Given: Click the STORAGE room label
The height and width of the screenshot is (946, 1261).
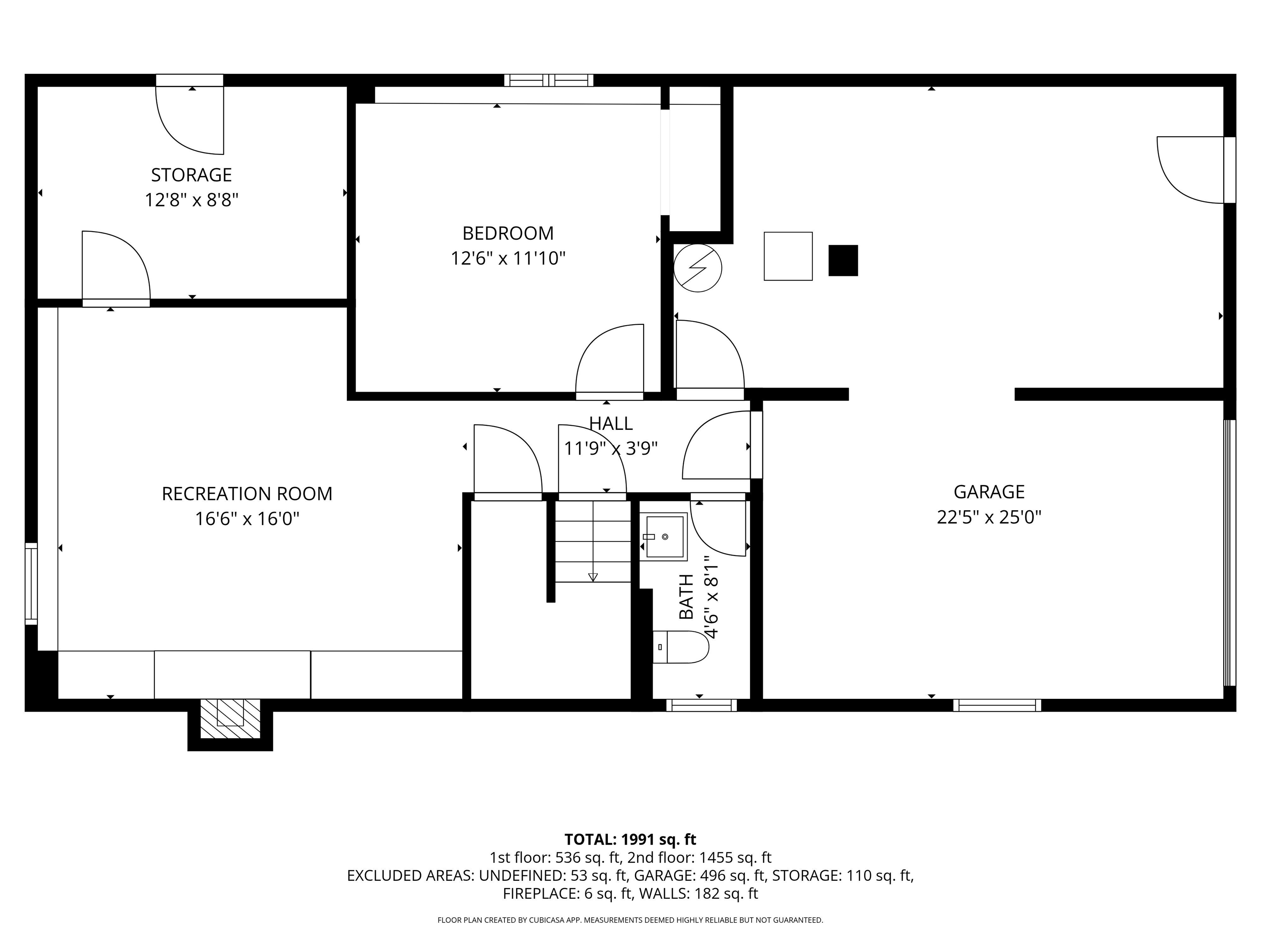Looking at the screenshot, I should [191, 175].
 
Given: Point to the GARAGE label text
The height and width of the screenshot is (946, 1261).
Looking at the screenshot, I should [988, 491].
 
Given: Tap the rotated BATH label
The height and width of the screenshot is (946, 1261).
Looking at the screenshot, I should [686, 597].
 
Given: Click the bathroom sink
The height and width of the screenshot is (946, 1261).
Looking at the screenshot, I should [664, 537].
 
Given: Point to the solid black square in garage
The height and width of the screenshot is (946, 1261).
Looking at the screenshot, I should [843, 261].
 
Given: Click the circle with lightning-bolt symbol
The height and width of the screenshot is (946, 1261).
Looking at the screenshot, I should [697, 268].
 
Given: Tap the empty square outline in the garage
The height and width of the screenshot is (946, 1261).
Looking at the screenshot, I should [788, 256].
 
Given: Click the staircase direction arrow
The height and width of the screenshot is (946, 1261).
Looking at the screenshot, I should [593, 577].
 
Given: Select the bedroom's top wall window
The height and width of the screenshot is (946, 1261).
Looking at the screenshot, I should [548, 80].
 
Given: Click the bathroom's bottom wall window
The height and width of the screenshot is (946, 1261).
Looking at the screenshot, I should [701, 705].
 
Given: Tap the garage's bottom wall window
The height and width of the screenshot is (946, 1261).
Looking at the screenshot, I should [997, 705].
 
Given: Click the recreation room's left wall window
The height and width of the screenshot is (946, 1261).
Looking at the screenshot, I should [31, 583].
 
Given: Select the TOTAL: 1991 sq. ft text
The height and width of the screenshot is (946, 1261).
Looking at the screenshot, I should [630, 839].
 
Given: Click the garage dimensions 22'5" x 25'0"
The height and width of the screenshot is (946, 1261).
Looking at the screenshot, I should [988, 517].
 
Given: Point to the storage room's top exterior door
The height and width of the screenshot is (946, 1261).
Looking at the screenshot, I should [189, 80].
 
